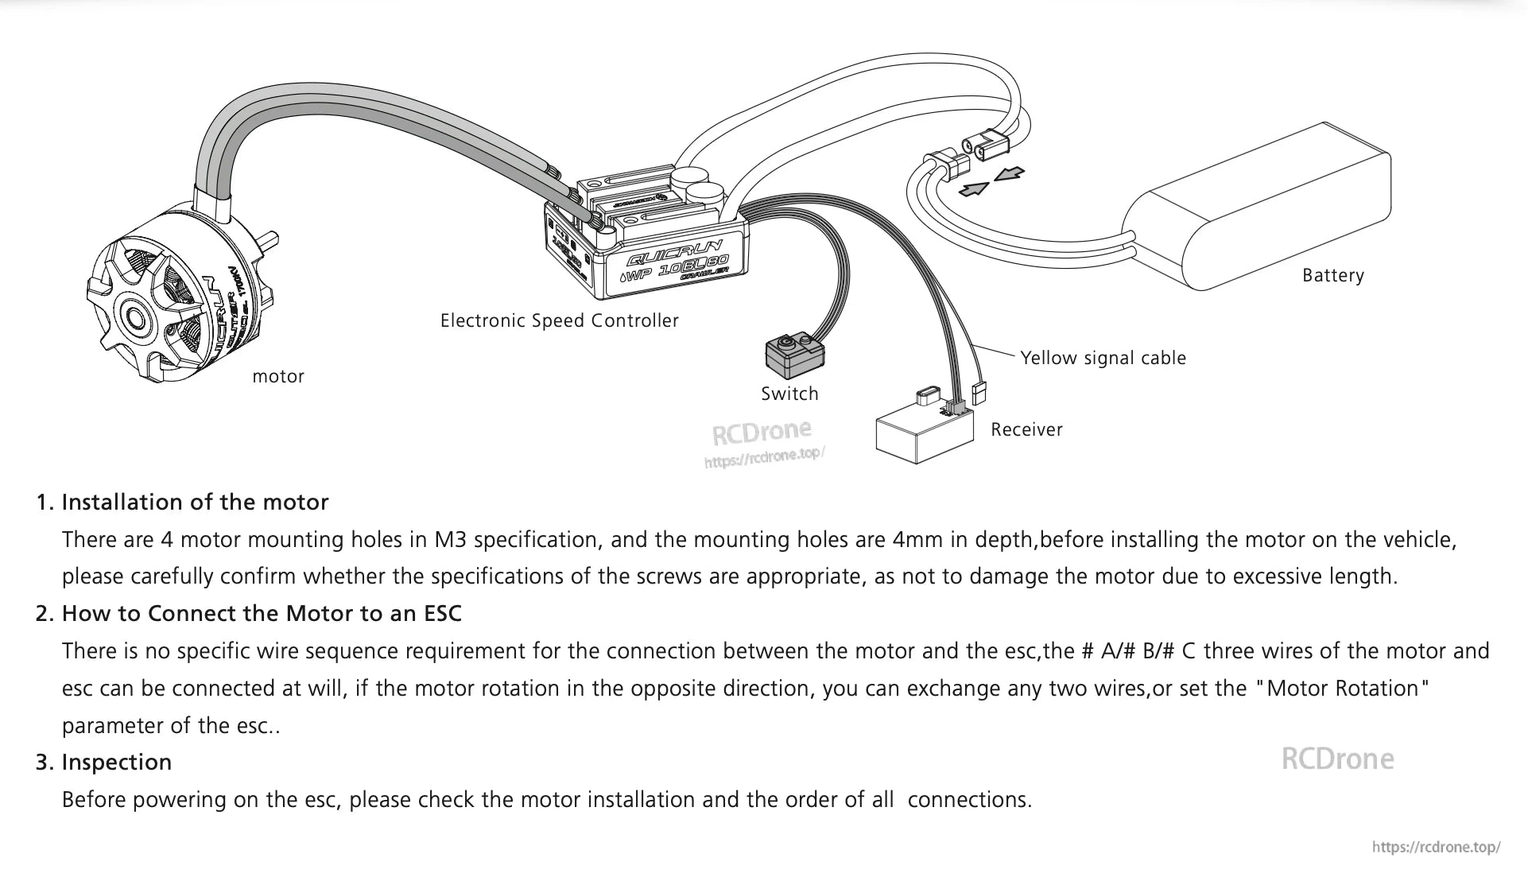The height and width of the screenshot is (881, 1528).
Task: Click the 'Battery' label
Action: [x=1332, y=276]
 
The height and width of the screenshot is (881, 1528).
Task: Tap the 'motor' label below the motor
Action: [x=277, y=377]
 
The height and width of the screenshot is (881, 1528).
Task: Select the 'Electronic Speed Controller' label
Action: [x=559, y=321]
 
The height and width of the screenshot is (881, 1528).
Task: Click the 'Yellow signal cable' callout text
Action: [x=1103, y=359]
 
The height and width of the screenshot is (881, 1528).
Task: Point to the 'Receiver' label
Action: [x=1026, y=430]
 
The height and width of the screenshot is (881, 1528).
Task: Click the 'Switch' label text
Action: [x=789, y=394]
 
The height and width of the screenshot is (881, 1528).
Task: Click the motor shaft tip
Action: [x=273, y=239]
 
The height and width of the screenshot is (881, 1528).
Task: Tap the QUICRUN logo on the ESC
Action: [x=674, y=252]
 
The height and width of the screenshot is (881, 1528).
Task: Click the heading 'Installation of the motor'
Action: [x=194, y=503]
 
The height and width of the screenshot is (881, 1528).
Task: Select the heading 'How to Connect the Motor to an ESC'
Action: [x=261, y=614]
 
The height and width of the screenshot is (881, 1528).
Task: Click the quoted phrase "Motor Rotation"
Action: [x=1342, y=689]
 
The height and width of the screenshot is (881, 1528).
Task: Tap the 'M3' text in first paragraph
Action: [x=450, y=540]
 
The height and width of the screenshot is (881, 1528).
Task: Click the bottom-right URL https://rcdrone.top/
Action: [x=1436, y=848]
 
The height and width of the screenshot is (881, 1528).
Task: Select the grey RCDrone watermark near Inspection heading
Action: [x=1337, y=759]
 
